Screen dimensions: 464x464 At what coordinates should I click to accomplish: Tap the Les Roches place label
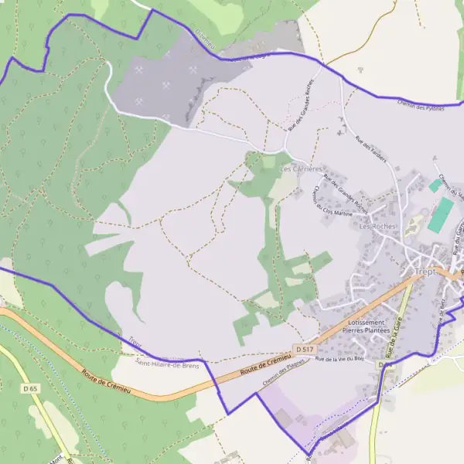(x=377, y=227)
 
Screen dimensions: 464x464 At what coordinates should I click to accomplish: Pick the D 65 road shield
(x=30, y=387)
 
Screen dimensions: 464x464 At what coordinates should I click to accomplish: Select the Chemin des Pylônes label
(x=420, y=105)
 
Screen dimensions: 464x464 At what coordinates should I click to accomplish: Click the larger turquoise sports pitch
(x=441, y=214)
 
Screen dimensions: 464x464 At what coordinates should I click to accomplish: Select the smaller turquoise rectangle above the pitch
(x=435, y=186)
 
